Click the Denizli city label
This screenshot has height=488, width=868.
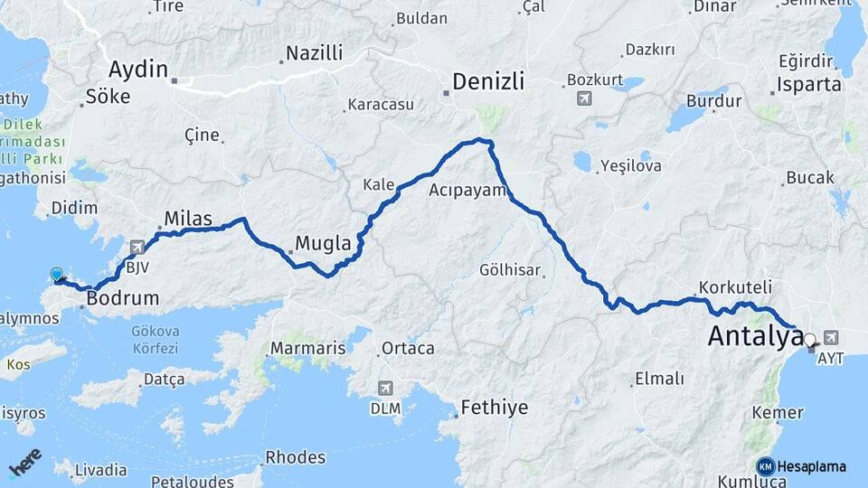[x=488, y=81]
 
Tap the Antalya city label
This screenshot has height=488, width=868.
[x=755, y=336]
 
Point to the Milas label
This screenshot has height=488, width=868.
[x=188, y=219]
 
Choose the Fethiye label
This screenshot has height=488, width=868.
[x=494, y=408]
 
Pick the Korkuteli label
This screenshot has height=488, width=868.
[x=735, y=286]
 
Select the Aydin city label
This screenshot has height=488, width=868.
[x=138, y=69]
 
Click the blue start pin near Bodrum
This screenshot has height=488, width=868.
[x=57, y=275]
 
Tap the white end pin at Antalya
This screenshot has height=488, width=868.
[x=810, y=341]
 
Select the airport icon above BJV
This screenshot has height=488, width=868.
[x=137, y=246]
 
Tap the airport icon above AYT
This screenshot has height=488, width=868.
[x=831, y=337]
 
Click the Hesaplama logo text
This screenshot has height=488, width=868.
[x=811, y=466]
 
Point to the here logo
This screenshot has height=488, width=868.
[x=25, y=462]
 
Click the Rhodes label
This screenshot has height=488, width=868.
[x=296, y=457]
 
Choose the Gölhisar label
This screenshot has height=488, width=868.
[x=510, y=269]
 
